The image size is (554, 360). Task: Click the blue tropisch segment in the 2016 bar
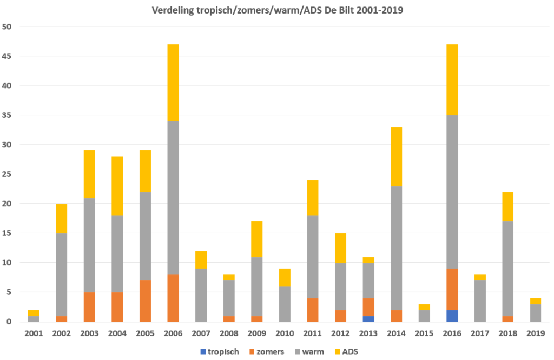(x=452, y=316)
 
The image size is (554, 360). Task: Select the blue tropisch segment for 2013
(x=368, y=319)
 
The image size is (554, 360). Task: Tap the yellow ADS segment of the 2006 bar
(x=173, y=82)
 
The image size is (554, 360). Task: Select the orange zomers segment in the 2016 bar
(x=452, y=289)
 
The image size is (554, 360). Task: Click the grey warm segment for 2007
(x=200, y=295)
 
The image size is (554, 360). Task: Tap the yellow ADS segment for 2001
(x=33, y=313)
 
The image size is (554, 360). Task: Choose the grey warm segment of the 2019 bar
(x=535, y=313)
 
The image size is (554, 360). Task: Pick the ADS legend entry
(x=350, y=352)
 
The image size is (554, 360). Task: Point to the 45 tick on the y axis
(x=10, y=56)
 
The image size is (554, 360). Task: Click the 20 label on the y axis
(x=10, y=204)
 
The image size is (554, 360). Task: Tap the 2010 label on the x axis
(x=284, y=334)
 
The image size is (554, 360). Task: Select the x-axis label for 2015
(x=424, y=334)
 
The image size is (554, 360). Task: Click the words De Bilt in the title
(x=339, y=10)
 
